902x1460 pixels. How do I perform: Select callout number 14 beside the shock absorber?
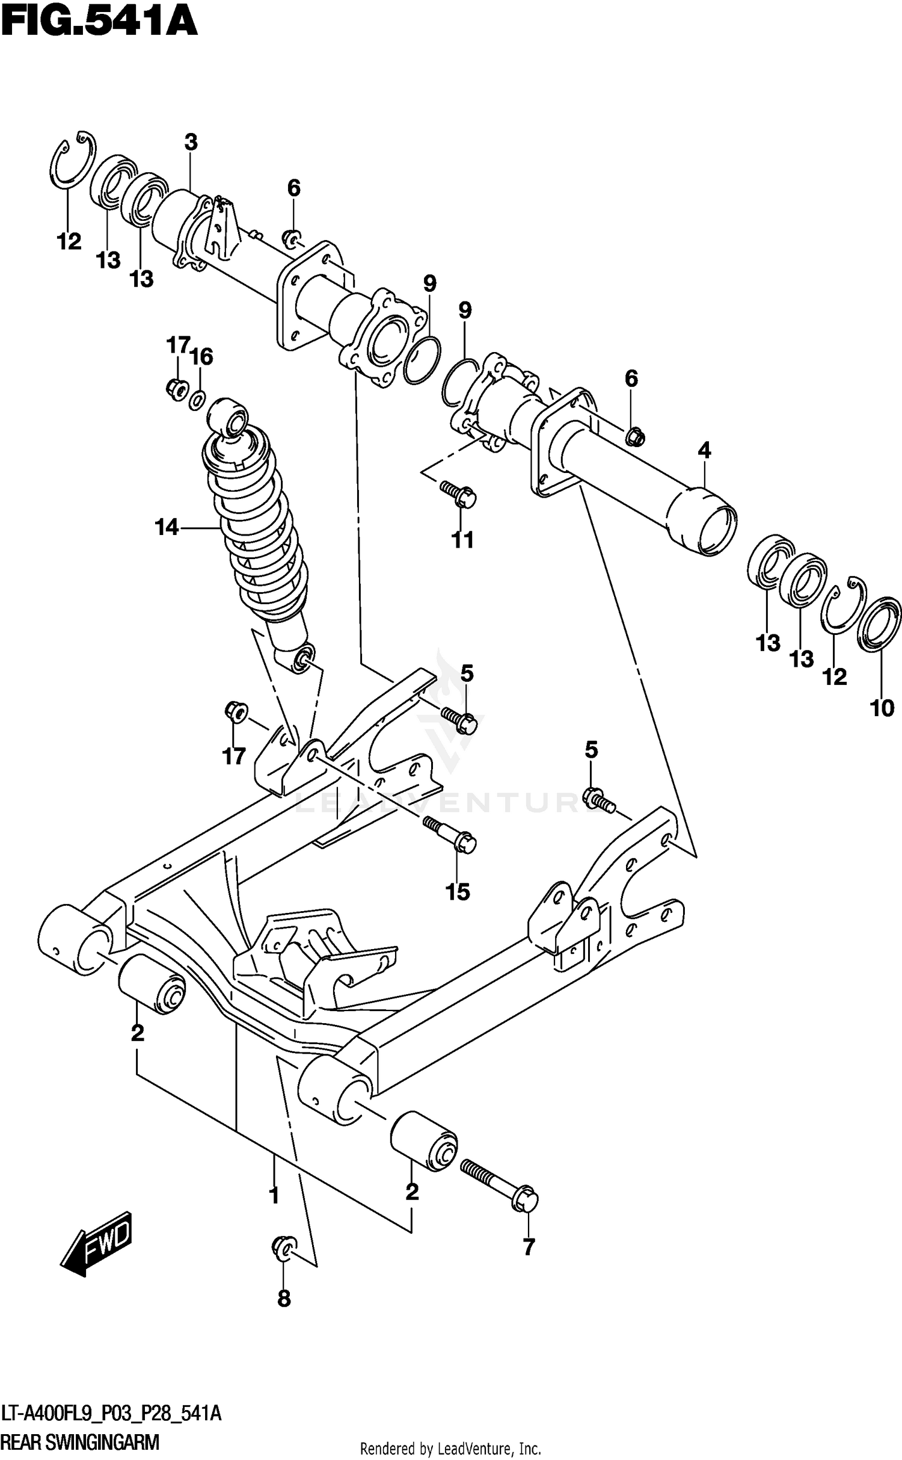click(x=167, y=528)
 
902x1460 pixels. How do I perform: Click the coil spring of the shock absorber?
click(x=256, y=530)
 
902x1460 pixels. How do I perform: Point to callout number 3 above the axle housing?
click(x=191, y=143)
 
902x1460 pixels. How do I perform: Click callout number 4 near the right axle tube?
click(x=704, y=450)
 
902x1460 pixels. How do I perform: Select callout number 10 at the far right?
click(x=882, y=708)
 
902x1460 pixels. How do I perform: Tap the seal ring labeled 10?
click(x=879, y=624)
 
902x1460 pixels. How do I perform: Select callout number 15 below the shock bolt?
click(x=458, y=892)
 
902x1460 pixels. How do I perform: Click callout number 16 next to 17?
click(x=202, y=357)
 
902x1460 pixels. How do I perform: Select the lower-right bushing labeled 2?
click(x=424, y=1141)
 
